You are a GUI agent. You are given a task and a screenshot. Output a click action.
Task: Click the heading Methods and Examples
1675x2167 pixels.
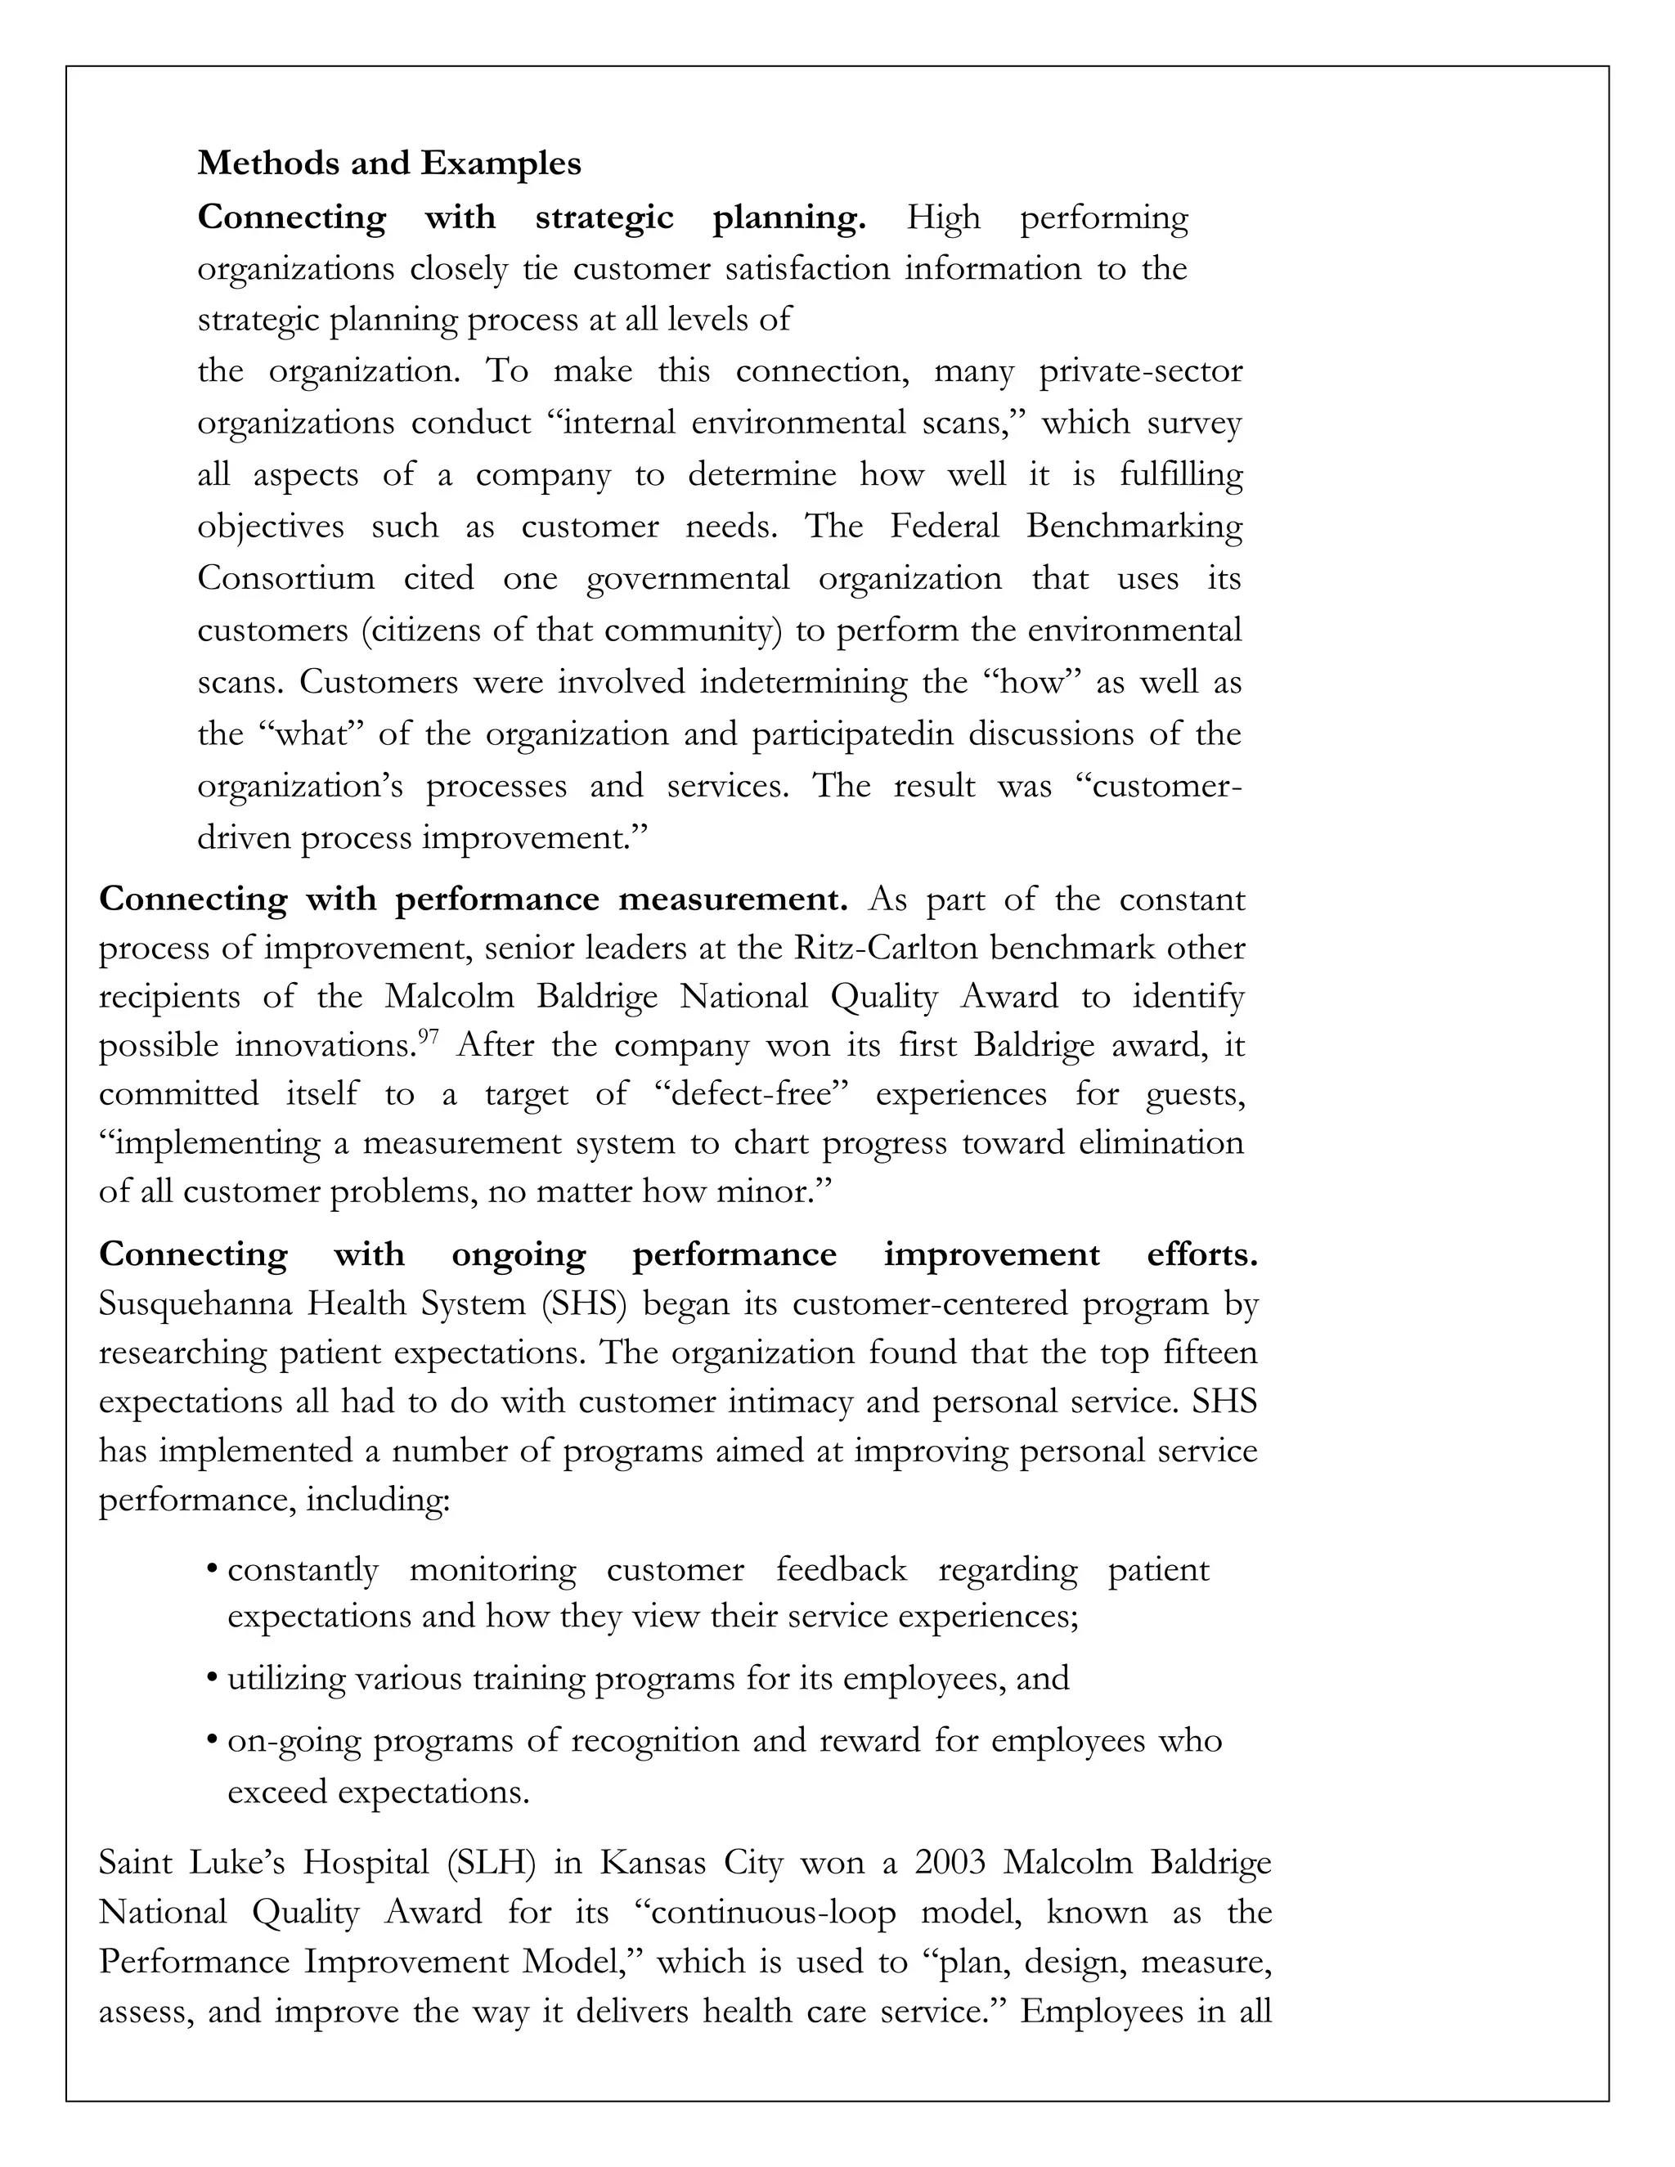coord(389,163)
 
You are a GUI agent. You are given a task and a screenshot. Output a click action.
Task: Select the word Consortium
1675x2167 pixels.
coord(285,578)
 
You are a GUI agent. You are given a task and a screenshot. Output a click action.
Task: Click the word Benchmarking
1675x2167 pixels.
coord(1134,526)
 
